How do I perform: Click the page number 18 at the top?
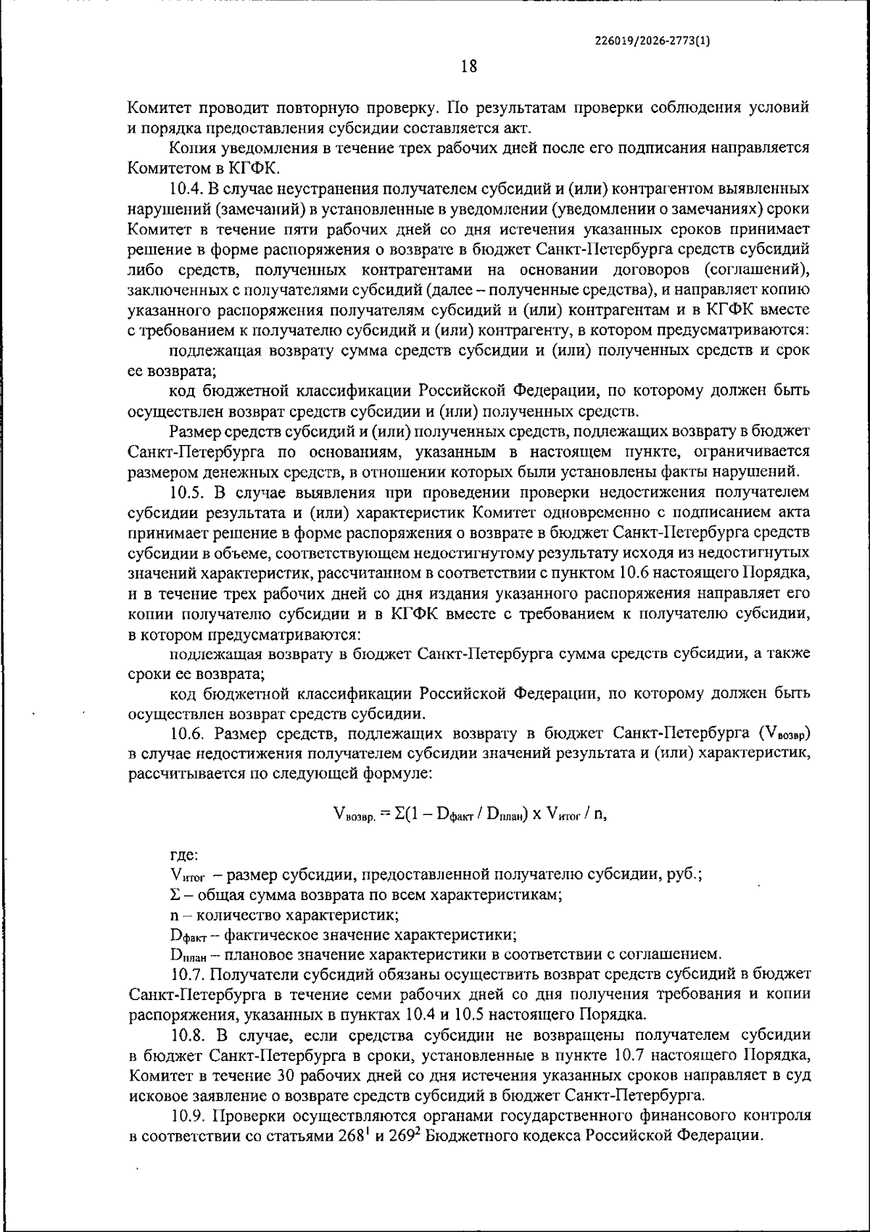click(x=468, y=67)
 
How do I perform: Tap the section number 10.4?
click(x=187, y=189)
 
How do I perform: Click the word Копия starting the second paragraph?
click(x=192, y=149)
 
